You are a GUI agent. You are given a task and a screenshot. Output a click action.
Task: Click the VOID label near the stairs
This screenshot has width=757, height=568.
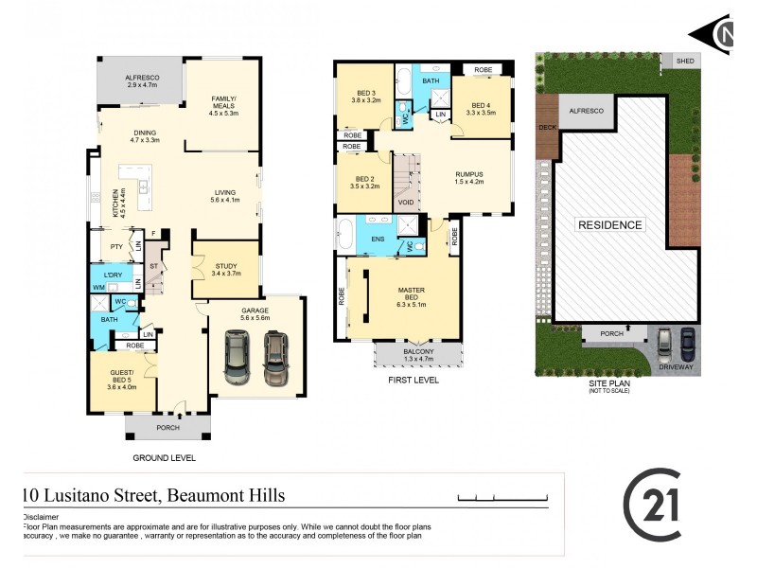pyautogui.click(x=406, y=203)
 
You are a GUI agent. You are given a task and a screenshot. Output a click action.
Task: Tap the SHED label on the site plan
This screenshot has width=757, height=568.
pyautogui.click(x=685, y=62)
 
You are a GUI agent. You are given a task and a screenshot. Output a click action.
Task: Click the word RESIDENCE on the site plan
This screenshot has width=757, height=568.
pyautogui.click(x=610, y=225)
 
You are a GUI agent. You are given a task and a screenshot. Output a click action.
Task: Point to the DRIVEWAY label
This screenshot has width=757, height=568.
pyautogui.click(x=676, y=367)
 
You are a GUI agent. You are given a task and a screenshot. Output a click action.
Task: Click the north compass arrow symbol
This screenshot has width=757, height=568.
pyautogui.click(x=711, y=35)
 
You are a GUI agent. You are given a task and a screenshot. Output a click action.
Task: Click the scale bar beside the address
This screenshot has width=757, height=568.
pyautogui.click(x=497, y=497)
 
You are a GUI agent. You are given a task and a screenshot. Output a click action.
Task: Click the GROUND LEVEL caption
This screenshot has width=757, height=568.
pyautogui.click(x=165, y=458)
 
